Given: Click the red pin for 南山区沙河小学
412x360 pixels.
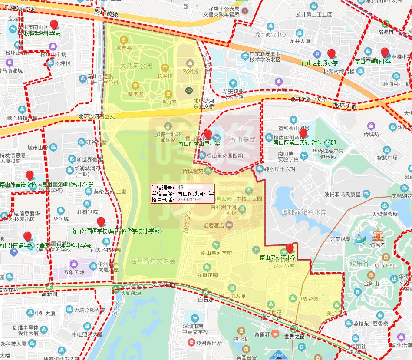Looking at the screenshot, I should pos(290,248).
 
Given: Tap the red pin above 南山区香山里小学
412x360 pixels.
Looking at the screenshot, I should pos(208,134).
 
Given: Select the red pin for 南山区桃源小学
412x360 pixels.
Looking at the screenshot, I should pos(332,54).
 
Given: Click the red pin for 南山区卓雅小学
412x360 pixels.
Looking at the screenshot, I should pos(385,53).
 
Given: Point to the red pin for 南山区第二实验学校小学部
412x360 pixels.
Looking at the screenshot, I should pos(303,133).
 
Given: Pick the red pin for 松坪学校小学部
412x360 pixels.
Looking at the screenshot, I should pos(54,25).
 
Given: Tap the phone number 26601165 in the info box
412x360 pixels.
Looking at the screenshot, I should pos(189,200).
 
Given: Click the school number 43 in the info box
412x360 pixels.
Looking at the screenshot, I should pos(181,188).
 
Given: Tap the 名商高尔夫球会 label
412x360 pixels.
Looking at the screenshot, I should pos(153,261).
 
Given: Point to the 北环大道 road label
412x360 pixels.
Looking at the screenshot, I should pos(345,106).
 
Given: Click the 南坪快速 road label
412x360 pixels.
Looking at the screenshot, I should pos(106,14).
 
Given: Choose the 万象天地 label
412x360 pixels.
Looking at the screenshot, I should pos(73,273).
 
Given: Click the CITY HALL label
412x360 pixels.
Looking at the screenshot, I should pos(386,265).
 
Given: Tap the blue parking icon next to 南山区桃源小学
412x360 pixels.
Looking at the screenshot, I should pos(317,55).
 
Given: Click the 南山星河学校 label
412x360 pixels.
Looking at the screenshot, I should pos(216,253).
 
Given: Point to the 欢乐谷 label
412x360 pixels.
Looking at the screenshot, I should pos(359,263).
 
